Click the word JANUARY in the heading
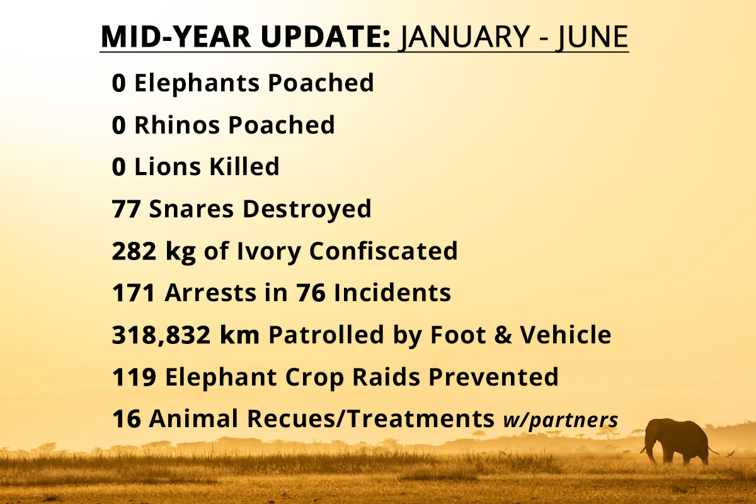(x=464, y=37)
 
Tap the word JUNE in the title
(x=592, y=37)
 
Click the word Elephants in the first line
(x=197, y=83)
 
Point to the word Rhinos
(x=177, y=125)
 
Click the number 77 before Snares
(x=126, y=209)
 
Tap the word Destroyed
(x=307, y=209)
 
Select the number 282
(x=134, y=251)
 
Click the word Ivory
(x=268, y=252)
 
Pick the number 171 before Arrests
(x=134, y=293)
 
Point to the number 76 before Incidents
(x=311, y=293)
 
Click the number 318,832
(x=161, y=335)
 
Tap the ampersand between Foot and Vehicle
(x=503, y=335)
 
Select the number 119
(x=134, y=377)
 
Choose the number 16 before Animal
(x=126, y=418)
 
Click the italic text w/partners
(x=561, y=421)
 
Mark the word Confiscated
(x=384, y=251)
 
